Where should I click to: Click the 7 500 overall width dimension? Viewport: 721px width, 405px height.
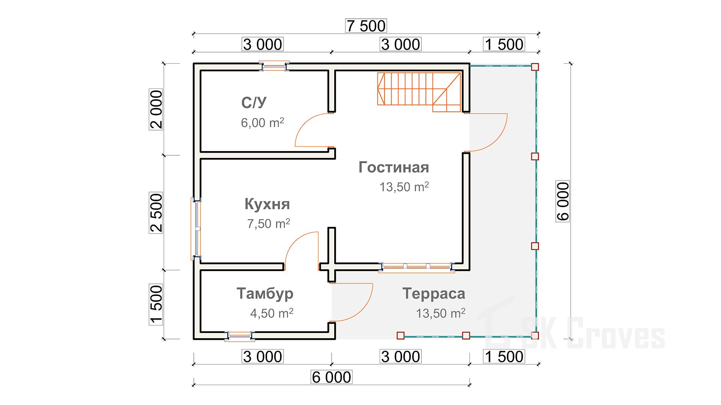(366, 26)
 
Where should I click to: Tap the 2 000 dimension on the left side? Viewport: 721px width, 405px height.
(156, 109)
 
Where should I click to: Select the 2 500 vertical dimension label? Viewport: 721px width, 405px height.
(156, 213)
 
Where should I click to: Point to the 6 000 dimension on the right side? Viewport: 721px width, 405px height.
(563, 201)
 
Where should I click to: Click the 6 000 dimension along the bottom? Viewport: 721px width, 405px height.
(332, 377)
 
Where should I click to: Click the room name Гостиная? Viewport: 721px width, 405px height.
(394, 167)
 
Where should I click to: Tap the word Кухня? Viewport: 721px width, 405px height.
(267, 204)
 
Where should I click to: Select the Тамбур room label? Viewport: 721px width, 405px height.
(265, 293)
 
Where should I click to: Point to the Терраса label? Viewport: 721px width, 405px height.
(434, 293)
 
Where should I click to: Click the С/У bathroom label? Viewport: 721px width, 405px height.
(254, 102)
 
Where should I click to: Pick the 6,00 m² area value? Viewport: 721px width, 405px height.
(262, 123)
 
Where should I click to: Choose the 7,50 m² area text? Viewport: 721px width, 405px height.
(268, 223)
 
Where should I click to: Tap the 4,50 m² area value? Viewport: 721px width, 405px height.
(272, 313)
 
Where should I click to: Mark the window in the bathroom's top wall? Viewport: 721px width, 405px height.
(274, 67)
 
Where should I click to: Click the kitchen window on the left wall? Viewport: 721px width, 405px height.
(196, 229)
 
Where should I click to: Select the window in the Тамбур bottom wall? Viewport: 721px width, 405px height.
(240, 336)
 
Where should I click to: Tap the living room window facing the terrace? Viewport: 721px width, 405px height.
(416, 267)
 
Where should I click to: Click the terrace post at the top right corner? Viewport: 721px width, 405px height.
(535, 67)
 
